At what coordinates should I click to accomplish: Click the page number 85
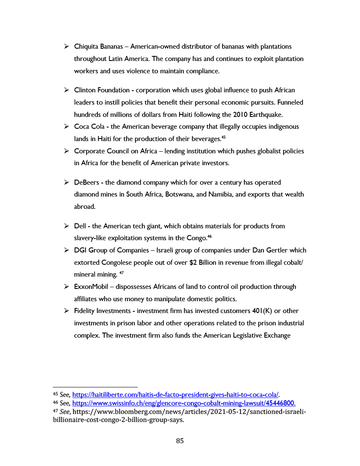coord(180,441)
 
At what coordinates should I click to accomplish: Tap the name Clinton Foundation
coord(102,90)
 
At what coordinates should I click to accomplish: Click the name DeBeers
coord(86,183)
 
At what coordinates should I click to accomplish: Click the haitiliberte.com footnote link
coord(175,394)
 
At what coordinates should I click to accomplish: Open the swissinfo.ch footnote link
coord(183,403)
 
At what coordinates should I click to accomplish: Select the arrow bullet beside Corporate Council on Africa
coord(66,151)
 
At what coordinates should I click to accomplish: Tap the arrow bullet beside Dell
coord(66,226)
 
